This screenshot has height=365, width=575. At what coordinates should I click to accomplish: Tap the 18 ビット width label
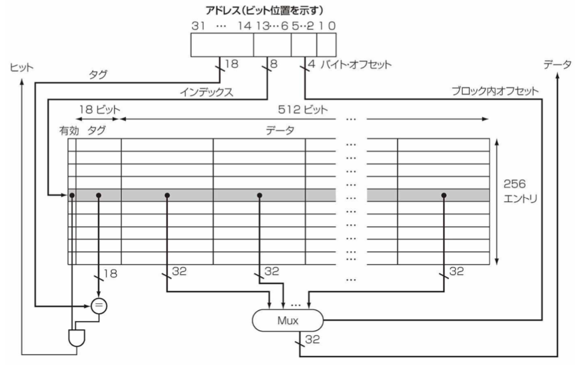click(99, 109)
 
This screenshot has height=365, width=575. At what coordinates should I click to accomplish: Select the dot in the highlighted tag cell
click(99, 195)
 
